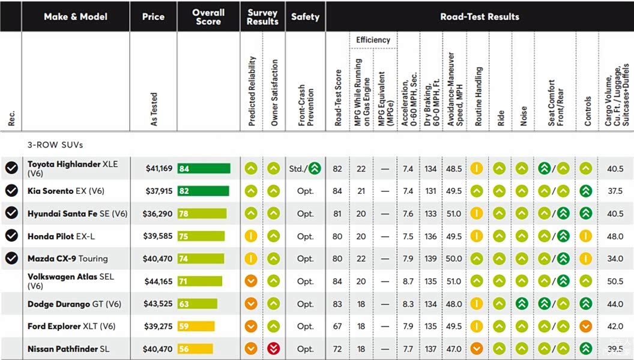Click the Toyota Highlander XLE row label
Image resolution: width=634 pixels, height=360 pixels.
73,169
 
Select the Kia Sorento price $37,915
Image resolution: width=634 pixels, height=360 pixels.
159,191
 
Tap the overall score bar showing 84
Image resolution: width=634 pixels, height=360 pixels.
204,169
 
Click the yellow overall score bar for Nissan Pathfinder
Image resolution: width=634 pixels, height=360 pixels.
195,349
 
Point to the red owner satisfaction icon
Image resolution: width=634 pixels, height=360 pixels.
273,348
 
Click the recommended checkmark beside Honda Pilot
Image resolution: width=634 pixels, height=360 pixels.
11,235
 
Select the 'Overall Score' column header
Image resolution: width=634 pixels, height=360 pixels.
208,17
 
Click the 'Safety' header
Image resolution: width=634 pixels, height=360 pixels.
305,17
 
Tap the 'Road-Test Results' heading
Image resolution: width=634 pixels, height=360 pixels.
480,17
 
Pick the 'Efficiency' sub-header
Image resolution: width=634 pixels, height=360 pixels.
373,40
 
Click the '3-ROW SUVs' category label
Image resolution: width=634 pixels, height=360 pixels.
55,145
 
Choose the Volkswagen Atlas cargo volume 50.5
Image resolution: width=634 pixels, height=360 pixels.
615,281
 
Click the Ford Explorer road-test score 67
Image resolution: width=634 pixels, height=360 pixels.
337,326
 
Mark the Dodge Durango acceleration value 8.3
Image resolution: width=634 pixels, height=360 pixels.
408,304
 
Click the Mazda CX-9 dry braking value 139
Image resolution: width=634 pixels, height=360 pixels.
430,259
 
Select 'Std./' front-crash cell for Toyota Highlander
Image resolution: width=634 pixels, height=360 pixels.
298,169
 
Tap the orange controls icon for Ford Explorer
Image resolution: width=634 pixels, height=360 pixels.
585,326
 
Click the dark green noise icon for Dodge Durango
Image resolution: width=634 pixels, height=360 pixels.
522,304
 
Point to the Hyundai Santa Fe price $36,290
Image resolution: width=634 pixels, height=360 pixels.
157,214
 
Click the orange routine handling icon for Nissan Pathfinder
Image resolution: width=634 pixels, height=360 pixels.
477,348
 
